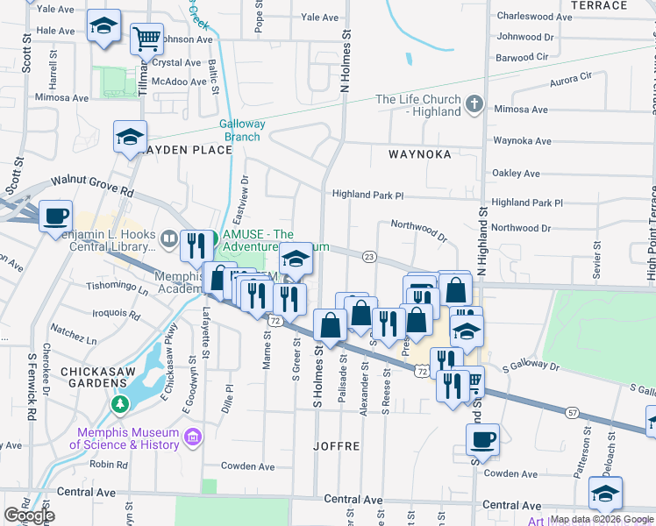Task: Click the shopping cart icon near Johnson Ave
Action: (x=147, y=39)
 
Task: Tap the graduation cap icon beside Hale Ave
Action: (x=104, y=27)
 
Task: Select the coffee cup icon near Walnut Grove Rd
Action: (x=56, y=216)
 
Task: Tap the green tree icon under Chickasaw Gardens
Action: (x=120, y=404)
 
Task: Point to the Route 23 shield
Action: (x=369, y=257)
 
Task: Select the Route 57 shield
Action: (x=572, y=411)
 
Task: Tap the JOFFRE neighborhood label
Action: (x=337, y=446)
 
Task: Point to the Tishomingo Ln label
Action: (x=118, y=286)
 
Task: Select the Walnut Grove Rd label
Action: (x=92, y=185)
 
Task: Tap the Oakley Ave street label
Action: (x=521, y=173)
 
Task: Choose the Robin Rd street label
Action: (x=109, y=465)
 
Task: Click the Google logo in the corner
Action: (x=29, y=515)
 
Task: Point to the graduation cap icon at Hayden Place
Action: (x=130, y=138)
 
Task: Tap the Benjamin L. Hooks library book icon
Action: (x=169, y=237)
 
